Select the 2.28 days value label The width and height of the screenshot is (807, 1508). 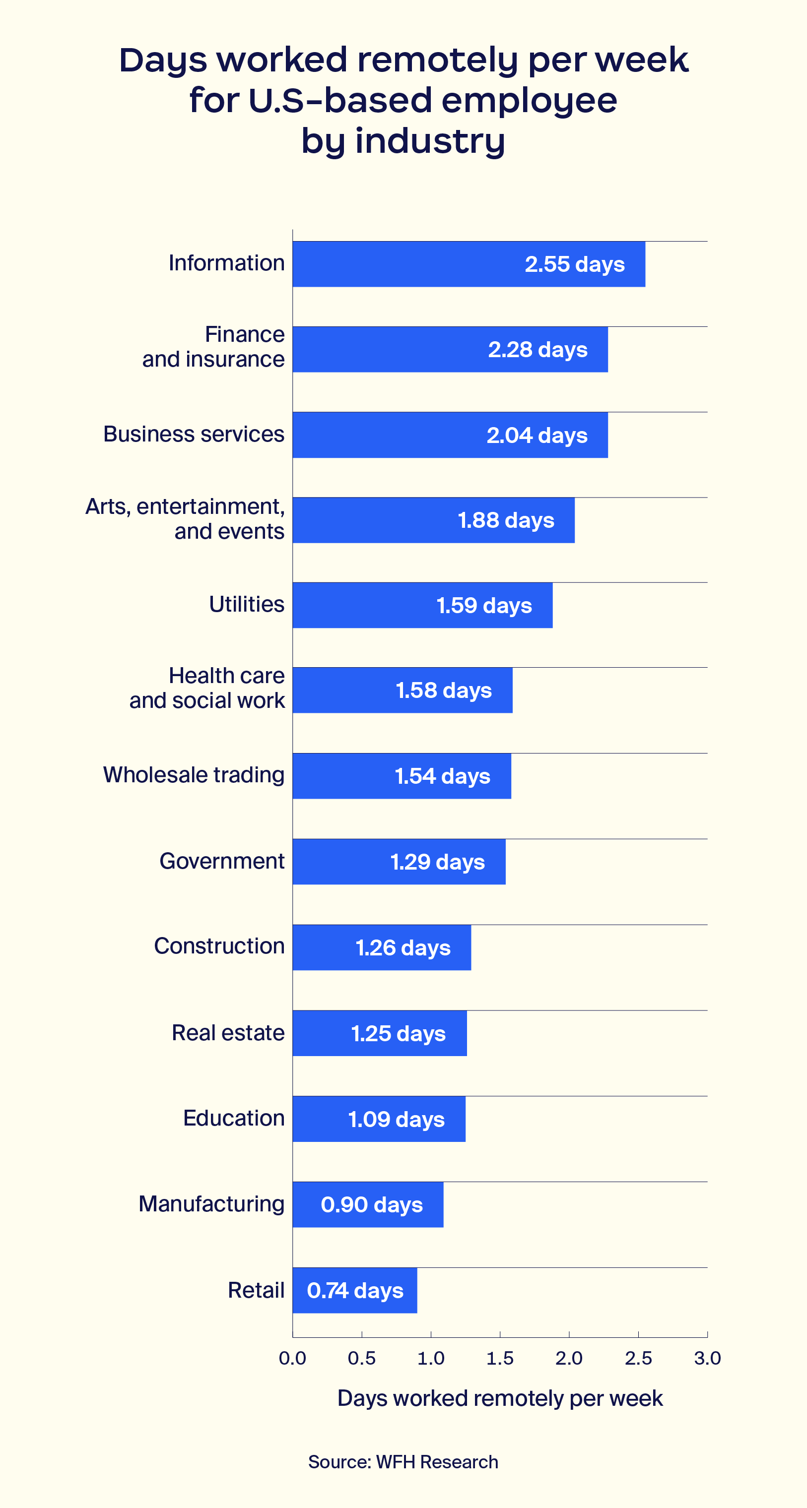538,350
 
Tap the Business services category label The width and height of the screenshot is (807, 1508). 194,435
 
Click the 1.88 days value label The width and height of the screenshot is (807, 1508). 506,520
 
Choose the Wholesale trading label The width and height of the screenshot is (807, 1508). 194,775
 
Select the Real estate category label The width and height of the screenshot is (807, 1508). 228,1033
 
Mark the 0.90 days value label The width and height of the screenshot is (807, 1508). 371,1205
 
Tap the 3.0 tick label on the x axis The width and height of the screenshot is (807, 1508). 707,1358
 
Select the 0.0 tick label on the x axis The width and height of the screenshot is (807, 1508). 292,1358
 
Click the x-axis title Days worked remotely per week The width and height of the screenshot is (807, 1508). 500,1398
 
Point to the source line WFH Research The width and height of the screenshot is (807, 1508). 403,1462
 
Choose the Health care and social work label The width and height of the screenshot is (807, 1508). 207,689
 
